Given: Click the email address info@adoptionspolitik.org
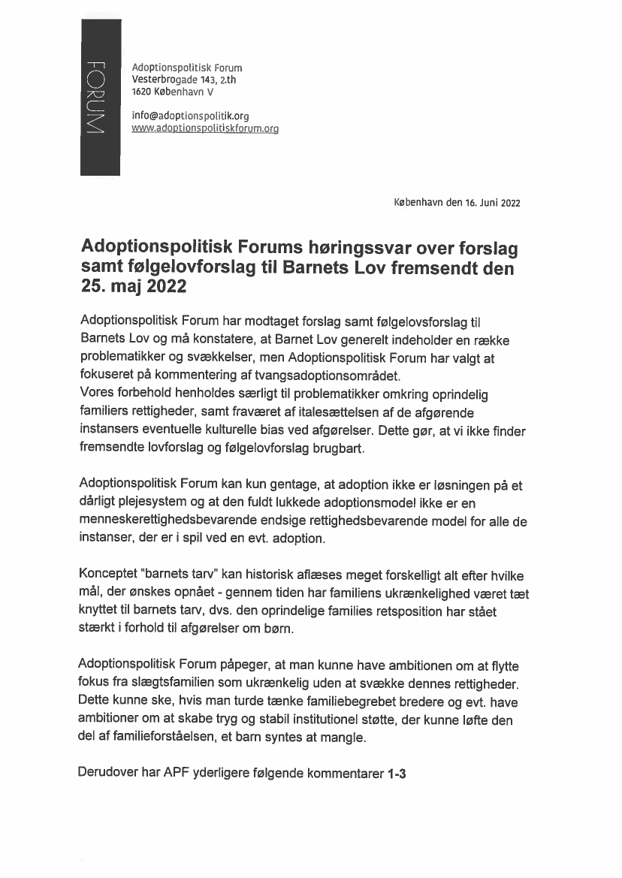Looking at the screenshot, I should (x=190, y=116).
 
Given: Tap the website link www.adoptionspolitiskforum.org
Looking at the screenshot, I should (x=205, y=128).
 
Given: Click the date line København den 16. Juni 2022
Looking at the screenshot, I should (x=457, y=203).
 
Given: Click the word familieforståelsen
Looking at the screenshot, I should (x=146, y=738).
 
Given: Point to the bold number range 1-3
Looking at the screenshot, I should (x=397, y=774).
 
